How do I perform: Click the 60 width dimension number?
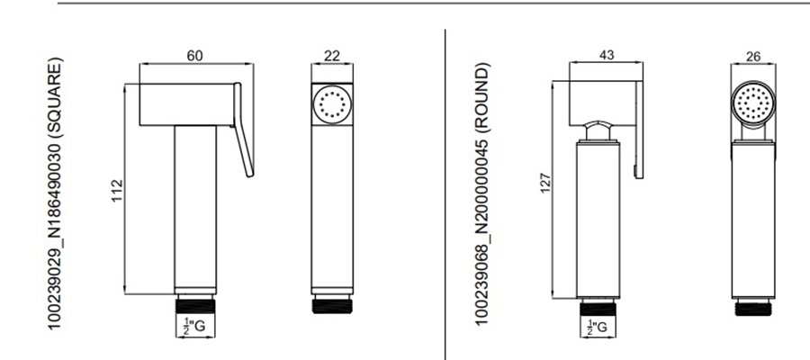[194, 56]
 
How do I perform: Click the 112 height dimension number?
[118, 191]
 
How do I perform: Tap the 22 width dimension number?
[332, 56]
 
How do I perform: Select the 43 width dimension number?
[607, 55]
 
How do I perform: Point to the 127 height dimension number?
[545, 183]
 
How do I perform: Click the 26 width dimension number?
[753, 57]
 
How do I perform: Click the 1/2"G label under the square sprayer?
[194, 326]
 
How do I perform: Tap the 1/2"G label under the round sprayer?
[598, 327]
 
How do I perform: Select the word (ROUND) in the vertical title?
[481, 95]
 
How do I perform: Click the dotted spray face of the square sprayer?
[332, 104]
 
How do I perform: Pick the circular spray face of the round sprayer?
[753, 102]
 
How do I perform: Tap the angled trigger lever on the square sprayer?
[243, 130]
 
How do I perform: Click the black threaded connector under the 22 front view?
[332, 305]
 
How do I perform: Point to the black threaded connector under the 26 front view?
[752, 309]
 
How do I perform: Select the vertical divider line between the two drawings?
[445, 194]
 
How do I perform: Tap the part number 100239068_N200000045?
[481, 229]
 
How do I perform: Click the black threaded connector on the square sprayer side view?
[194, 305]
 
